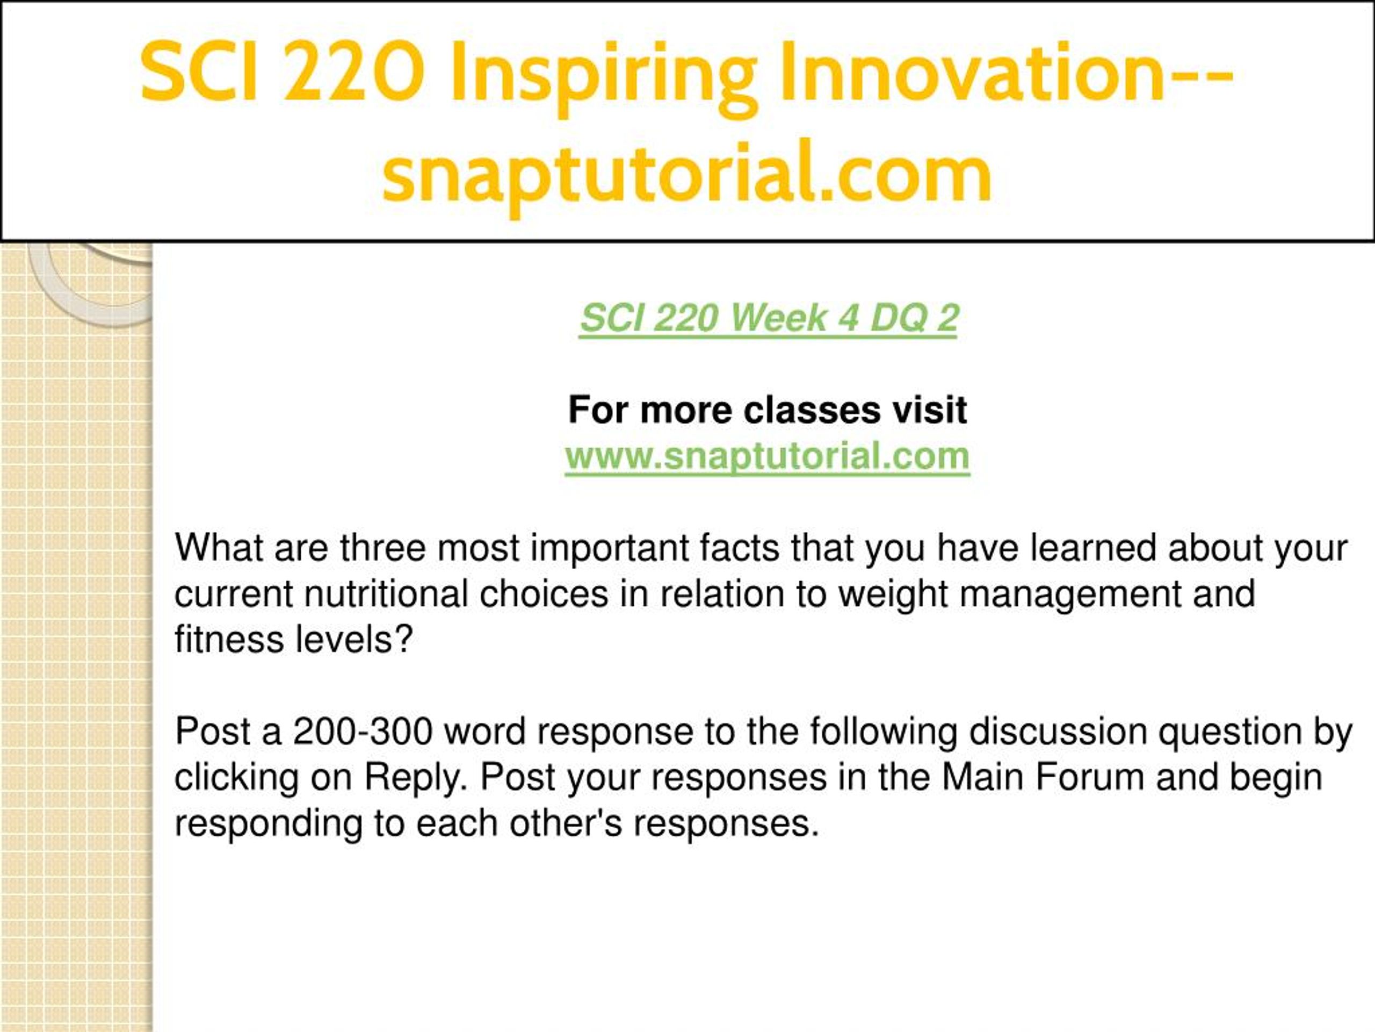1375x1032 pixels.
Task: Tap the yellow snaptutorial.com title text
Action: point(687,174)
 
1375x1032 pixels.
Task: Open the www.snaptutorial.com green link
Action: point(768,456)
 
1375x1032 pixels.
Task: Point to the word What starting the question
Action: point(220,548)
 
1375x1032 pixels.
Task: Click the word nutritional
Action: point(386,594)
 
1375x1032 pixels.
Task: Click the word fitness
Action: point(229,640)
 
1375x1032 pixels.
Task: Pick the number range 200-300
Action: point(363,732)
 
